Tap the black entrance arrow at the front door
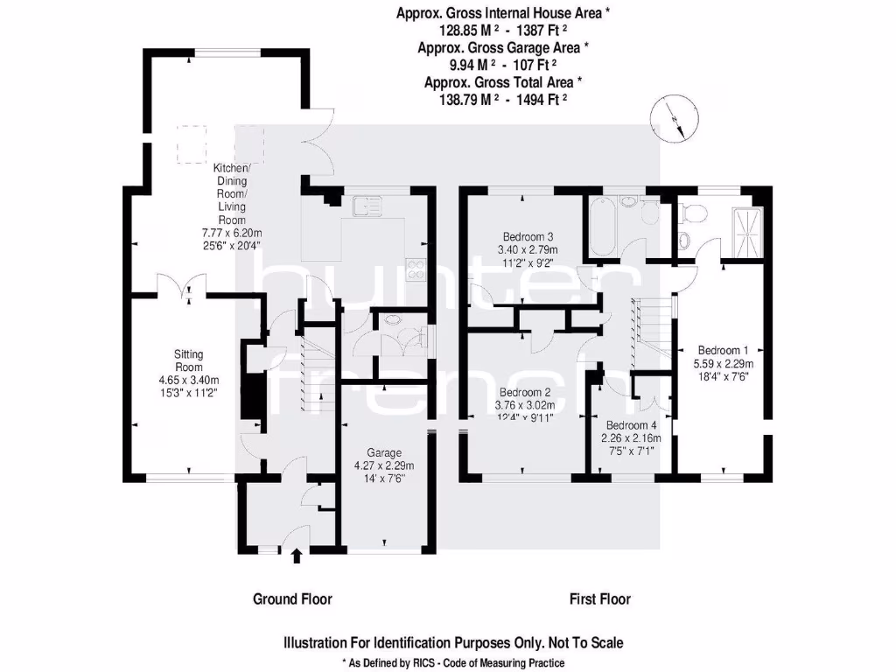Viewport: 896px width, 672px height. coord(296,554)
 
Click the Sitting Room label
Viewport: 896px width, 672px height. coord(188,360)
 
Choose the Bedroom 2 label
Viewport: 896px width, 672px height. coord(523,392)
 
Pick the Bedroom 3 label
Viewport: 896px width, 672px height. coord(528,237)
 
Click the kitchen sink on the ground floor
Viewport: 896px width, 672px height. coord(367,206)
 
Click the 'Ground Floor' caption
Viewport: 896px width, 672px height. coord(292,599)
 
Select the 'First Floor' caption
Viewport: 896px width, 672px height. coord(599,599)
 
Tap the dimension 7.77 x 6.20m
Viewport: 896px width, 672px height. coord(232,234)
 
